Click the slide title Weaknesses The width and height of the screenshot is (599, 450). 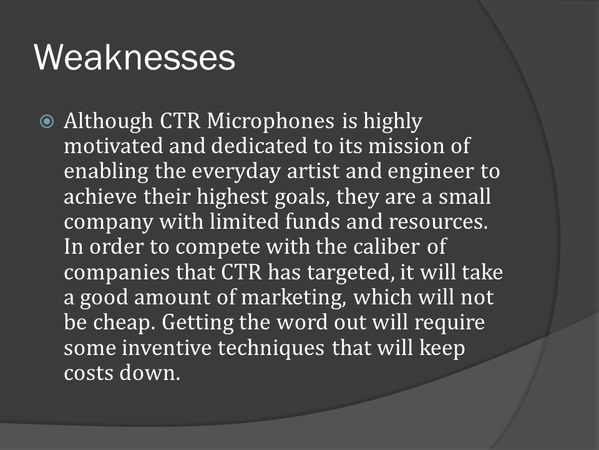pyautogui.click(x=135, y=57)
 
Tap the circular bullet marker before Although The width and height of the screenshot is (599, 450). pyautogui.click(x=47, y=122)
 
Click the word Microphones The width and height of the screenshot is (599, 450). pyautogui.click(x=271, y=122)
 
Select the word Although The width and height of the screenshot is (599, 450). pyautogui.click(x=109, y=122)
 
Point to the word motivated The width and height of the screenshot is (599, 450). pyautogui.click(x=114, y=146)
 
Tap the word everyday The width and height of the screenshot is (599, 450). pyautogui.click(x=236, y=172)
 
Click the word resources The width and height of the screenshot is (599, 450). pyautogui.click(x=438, y=222)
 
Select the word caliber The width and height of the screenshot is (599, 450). pyautogui.click(x=386, y=246)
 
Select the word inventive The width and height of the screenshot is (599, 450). pyautogui.click(x=167, y=348)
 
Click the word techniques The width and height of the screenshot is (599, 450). pyautogui.click(x=271, y=349)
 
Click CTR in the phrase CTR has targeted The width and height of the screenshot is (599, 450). pyautogui.click(x=241, y=272)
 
